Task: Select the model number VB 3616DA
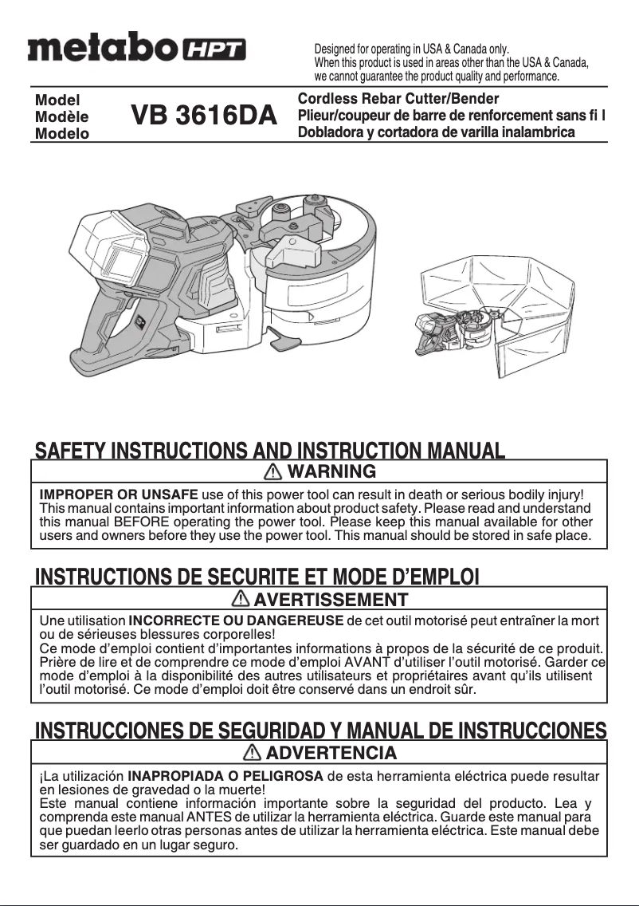tap(204, 116)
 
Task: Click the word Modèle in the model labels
tap(62, 116)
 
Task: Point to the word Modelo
tap(62, 133)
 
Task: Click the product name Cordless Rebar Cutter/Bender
tap(398, 99)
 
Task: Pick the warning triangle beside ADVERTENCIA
tap(253, 752)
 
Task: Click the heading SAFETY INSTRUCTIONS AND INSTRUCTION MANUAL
tap(269, 451)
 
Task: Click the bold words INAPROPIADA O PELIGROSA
tap(225, 775)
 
